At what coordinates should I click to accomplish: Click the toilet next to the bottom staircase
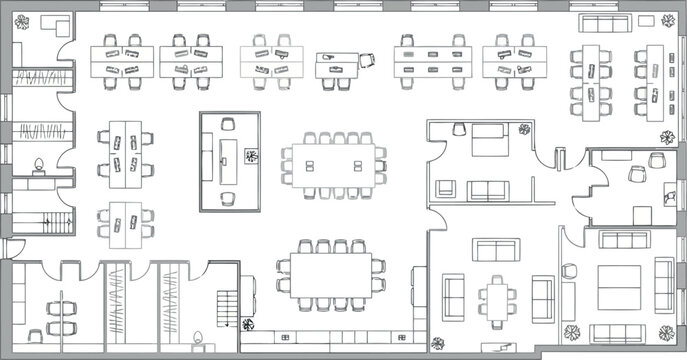[198, 338]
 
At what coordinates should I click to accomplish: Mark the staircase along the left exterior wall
[40, 225]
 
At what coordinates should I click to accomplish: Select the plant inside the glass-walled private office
[250, 156]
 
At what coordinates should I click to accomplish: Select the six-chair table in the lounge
[496, 297]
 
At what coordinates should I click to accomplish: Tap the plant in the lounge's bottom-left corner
[437, 343]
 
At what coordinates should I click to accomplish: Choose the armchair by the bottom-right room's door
[570, 273]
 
